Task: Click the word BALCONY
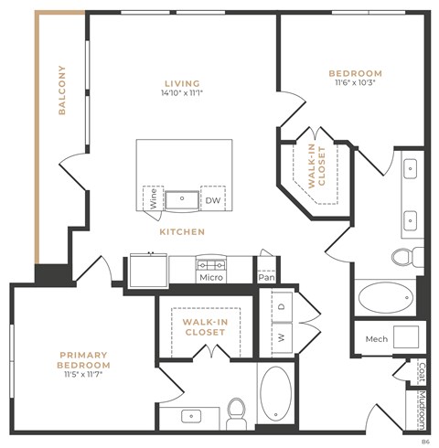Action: tap(62, 90)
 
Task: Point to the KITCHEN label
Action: tap(183, 232)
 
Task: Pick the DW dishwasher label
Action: tap(212, 199)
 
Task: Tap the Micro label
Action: tap(212, 277)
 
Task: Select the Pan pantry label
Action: tap(266, 277)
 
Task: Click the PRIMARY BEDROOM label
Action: tap(84, 359)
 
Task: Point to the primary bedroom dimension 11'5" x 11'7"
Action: tap(84, 375)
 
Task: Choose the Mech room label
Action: tap(376, 338)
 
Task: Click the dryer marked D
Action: tap(281, 306)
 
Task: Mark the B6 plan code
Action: tap(425, 442)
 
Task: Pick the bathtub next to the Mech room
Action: tap(384, 298)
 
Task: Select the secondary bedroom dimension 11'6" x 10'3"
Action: tap(356, 83)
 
